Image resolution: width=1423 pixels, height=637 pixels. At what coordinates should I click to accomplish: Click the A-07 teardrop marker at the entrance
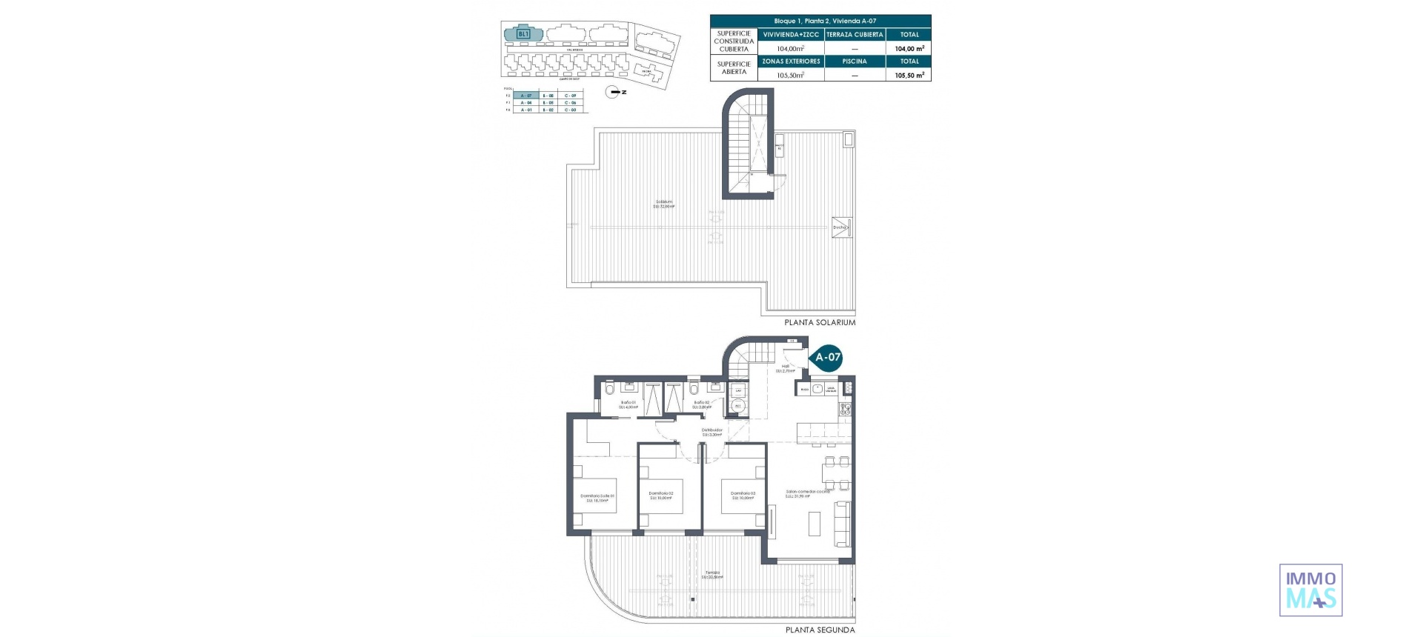(827, 357)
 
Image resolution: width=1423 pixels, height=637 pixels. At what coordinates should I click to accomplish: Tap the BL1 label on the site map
(523, 33)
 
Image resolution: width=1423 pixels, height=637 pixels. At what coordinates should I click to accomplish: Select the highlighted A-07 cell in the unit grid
(526, 96)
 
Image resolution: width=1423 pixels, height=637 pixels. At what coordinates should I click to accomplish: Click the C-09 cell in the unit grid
(570, 96)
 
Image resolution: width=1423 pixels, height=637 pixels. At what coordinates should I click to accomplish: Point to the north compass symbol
(614, 92)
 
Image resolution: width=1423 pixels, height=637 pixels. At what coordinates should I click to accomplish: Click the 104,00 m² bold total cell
(909, 48)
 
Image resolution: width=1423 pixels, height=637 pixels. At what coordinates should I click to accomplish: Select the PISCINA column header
(855, 61)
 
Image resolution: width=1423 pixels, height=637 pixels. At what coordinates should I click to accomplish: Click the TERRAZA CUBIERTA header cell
(855, 34)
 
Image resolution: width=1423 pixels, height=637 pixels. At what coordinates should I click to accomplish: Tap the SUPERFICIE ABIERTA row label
(734, 68)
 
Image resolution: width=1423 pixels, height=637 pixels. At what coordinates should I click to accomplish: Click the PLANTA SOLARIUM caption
(820, 322)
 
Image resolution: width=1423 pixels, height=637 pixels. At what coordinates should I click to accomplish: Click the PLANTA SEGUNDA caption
(820, 630)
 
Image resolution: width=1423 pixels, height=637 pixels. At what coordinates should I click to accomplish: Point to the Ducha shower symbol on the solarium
(841, 227)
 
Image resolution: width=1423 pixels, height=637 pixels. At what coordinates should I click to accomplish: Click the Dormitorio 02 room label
(660, 495)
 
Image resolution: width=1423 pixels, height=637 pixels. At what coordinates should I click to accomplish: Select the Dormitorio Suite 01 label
(597, 498)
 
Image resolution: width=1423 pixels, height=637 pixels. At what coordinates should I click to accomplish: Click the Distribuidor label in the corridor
(711, 432)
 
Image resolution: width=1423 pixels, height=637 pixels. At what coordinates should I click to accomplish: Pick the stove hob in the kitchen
(846, 409)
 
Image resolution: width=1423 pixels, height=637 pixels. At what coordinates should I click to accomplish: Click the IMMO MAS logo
(1310, 590)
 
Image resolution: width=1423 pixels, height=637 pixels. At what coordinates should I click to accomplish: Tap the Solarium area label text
(663, 204)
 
